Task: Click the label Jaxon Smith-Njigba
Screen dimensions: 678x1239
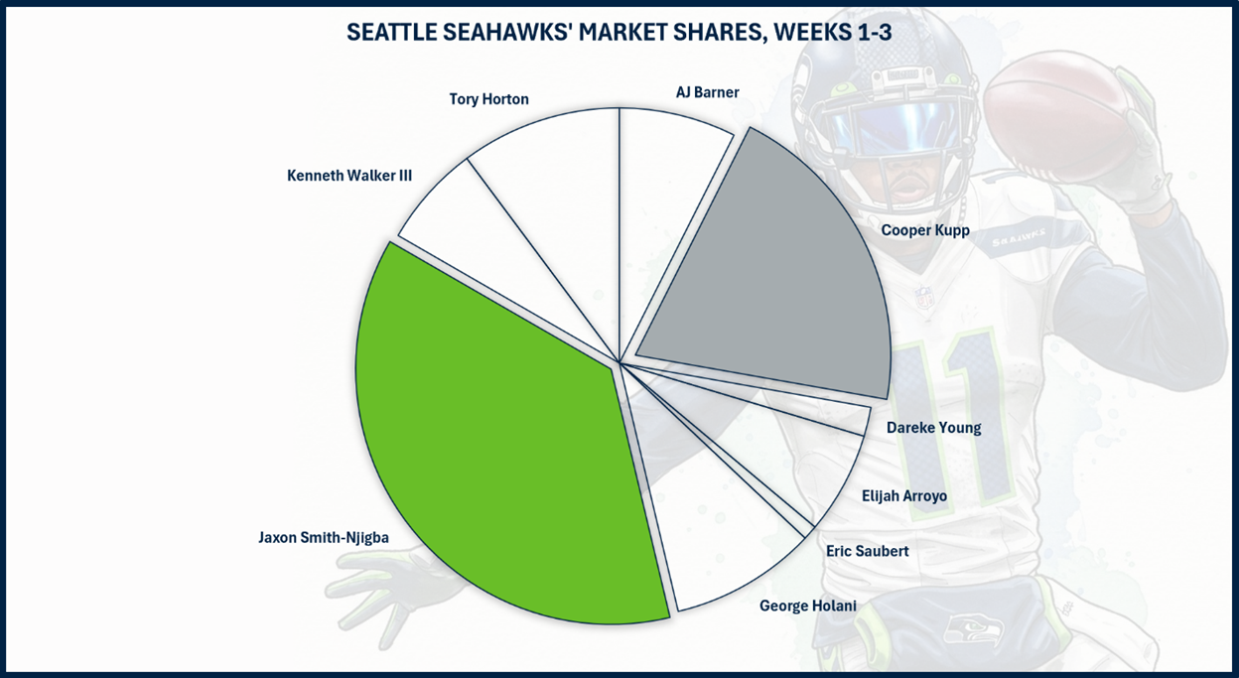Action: point(324,538)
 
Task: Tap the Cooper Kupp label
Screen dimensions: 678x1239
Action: point(925,230)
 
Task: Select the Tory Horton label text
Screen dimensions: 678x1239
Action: point(488,99)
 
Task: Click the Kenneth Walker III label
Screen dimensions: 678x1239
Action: point(349,176)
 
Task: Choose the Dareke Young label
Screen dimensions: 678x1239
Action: point(933,428)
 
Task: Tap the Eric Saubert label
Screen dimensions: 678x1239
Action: point(867,551)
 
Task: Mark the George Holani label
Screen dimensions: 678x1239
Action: point(807,606)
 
